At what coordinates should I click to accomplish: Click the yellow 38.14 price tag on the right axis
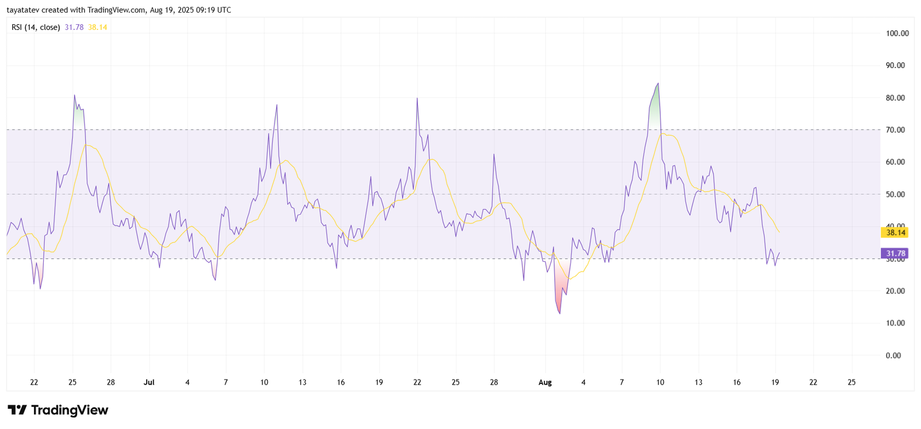[896, 233]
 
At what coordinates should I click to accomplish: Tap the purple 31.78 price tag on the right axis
[896, 253]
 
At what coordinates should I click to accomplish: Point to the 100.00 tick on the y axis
[897, 33]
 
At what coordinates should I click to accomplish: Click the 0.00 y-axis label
[893, 355]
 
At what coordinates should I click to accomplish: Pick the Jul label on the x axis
[149, 382]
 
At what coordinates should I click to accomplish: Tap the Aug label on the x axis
[545, 382]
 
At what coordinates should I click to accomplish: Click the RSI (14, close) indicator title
[36, 27]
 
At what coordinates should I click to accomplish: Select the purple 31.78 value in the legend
[74, 27]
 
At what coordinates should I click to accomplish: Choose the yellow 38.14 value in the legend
[97, 27]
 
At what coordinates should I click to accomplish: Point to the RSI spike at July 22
[417, 98]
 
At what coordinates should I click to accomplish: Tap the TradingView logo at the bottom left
[58, 410]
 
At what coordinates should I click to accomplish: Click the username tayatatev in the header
[22, 10]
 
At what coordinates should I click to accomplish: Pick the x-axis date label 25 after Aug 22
[851, 382]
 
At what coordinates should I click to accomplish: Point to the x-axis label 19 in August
[775, 382]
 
